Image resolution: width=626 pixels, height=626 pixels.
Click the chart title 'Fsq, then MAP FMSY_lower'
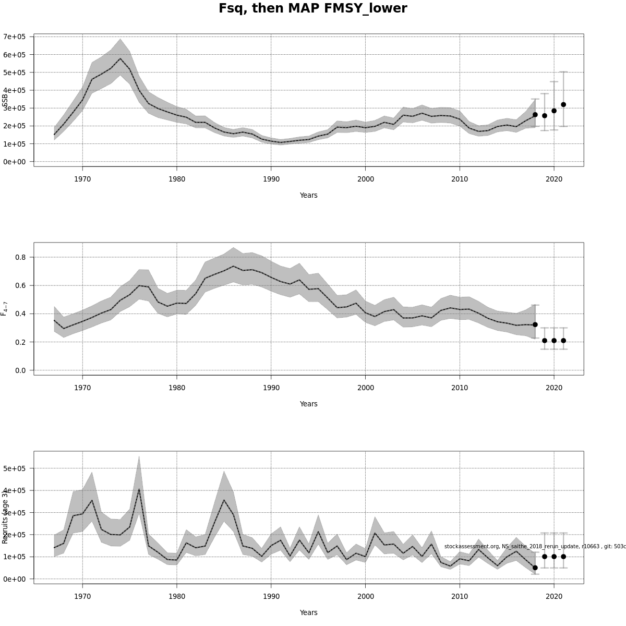click(312, 9)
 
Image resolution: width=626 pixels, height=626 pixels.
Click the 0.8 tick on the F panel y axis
click(20, 257)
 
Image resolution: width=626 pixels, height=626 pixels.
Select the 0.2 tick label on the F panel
click(20, 342)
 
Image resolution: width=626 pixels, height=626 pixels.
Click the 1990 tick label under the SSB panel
click(271, 179)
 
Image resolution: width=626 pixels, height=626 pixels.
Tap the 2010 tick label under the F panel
click(460, 388)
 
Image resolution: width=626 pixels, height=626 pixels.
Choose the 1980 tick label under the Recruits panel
click(176, 597)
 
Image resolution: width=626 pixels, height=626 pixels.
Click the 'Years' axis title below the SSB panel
click(308, 195)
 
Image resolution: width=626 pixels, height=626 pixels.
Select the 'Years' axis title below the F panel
click(308, 404)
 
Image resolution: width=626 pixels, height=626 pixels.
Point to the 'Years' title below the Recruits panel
click(308, 612)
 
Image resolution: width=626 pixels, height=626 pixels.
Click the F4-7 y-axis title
click(5, 308)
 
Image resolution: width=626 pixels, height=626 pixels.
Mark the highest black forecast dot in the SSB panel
click(563, 104)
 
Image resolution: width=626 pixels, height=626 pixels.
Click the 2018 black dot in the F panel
click(535, 324)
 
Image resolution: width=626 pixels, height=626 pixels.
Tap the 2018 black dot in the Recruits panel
click(535, 568)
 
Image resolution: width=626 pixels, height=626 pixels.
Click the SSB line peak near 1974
click(120, 58)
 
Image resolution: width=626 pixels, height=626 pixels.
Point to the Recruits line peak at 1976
click(139, 489)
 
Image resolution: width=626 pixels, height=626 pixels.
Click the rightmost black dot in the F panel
click(563, 341)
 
